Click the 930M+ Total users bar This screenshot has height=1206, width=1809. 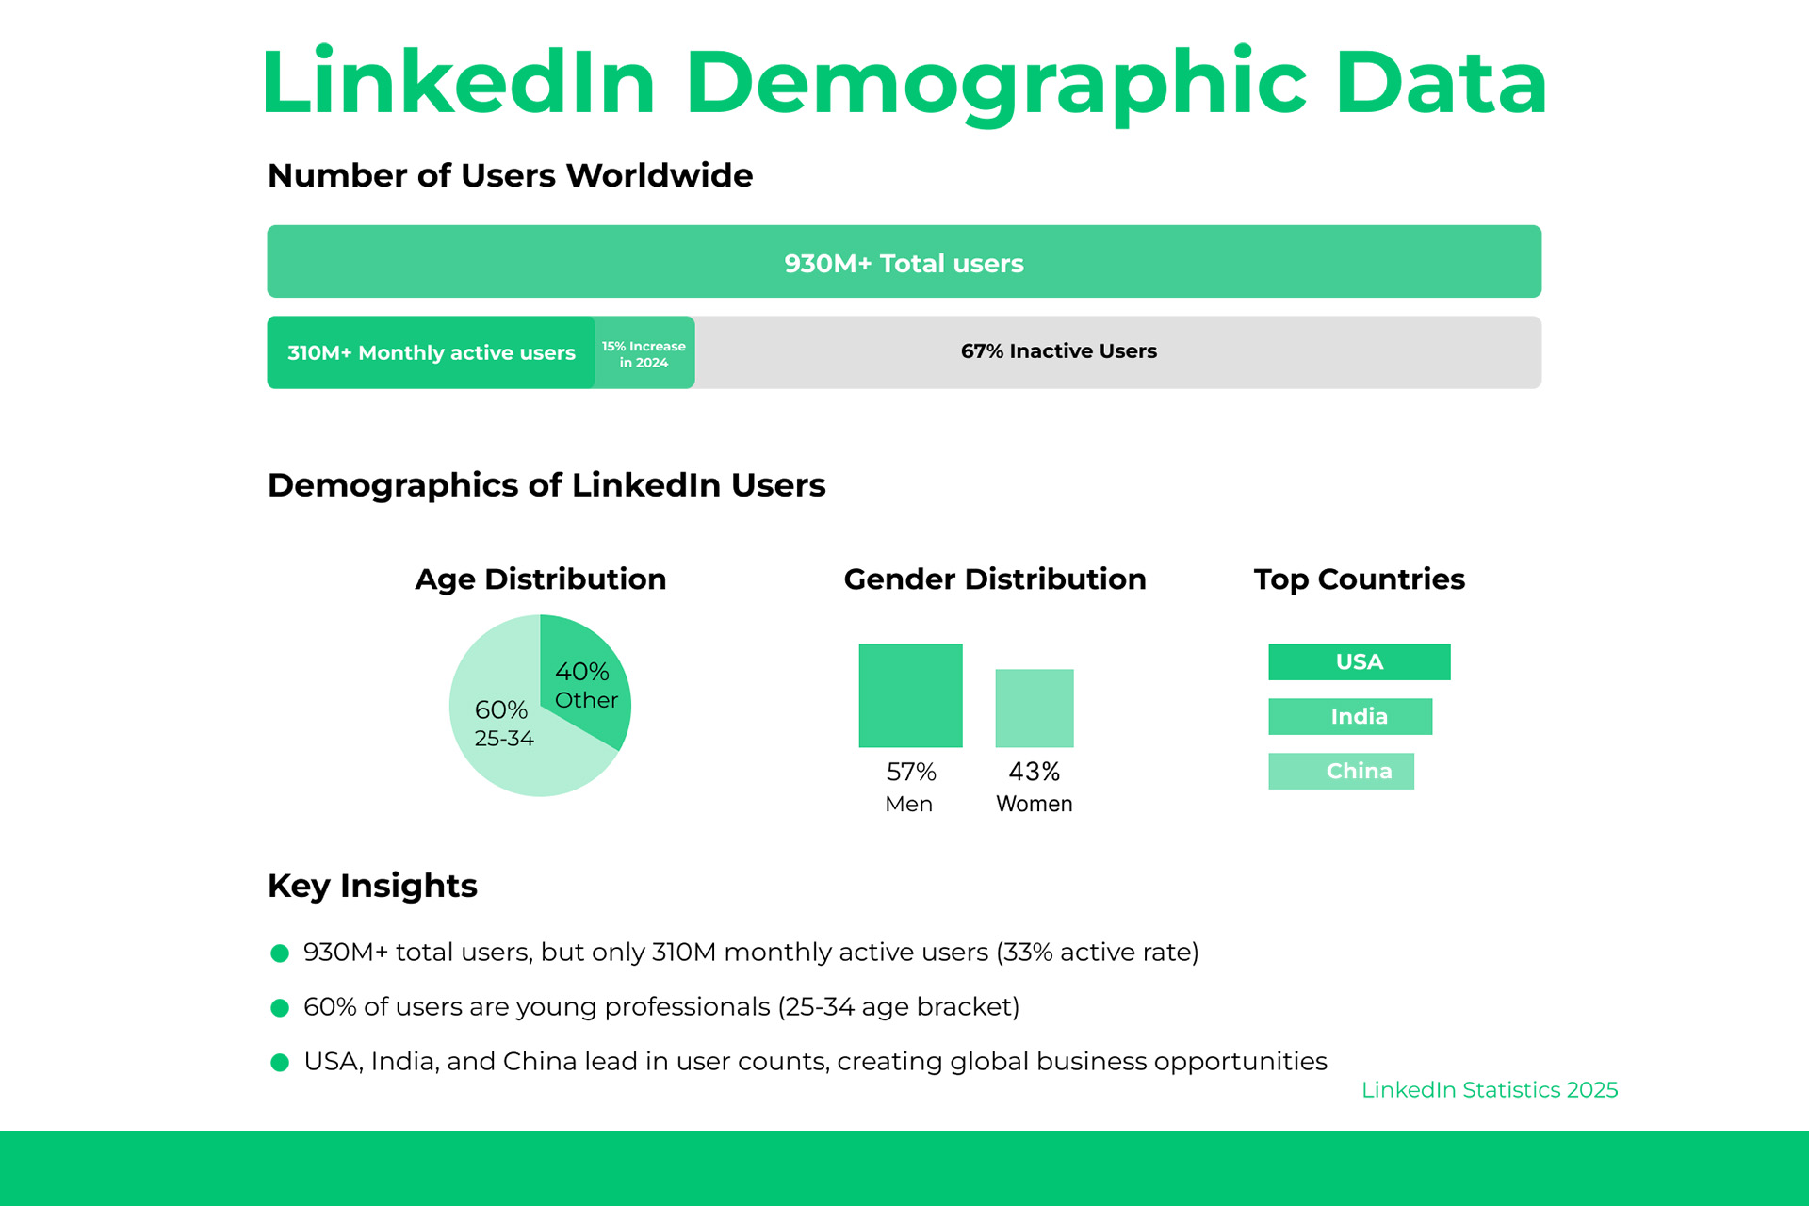[904, 262]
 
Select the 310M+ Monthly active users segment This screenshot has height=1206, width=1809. [431, 352]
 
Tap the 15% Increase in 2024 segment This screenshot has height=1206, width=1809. [644, 353]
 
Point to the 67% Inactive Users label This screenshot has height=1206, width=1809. [1058, 351]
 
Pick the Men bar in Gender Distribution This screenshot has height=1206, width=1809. [910, 695]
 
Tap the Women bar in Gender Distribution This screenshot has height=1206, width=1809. [1034, 708]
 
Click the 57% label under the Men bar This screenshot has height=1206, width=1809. [911, 772]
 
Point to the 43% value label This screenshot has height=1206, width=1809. [1034, 772]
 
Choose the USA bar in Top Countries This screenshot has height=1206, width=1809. [1359, 661]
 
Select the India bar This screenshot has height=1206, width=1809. [1349, 716]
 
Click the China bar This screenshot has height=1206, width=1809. [1341, 771]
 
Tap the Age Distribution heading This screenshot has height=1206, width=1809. [540, 579]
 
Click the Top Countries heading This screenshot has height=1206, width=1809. [1359, 579]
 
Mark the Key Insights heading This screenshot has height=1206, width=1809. [372, 886]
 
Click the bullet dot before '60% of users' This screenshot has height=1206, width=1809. [280, 1008]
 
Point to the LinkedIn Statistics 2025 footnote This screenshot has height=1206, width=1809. [1489, 1090]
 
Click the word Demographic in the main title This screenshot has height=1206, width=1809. [995, 83]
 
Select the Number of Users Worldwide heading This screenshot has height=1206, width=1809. [510, 175]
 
